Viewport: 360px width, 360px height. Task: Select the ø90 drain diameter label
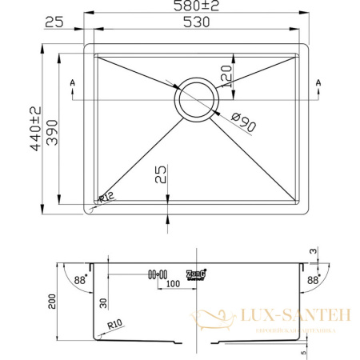point(242,123)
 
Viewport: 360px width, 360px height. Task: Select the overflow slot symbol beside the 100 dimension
point(156,274)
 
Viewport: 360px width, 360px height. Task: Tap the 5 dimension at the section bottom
point(304,349)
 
